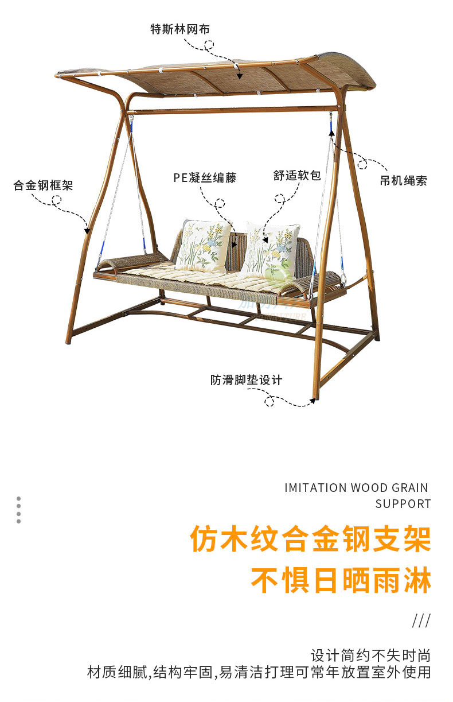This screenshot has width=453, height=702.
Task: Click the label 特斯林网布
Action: (x=176, y=29)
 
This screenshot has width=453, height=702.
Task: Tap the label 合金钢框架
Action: (x=44, y=185)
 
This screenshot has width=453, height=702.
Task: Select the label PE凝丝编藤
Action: (x=205, y=177)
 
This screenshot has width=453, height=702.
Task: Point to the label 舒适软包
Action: (x=297, y=176)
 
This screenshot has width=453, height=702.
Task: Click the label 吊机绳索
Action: (x=403, y=181)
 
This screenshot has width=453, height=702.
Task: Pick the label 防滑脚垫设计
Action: (x=246, y=380)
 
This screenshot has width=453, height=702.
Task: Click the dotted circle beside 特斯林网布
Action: (x=209, y=44)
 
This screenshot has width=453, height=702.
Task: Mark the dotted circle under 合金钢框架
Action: (x=56, y=200)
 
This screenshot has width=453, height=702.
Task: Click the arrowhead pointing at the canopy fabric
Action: (x=240, y=75)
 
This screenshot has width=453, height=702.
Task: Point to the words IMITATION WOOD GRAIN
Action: (x=356, y=488)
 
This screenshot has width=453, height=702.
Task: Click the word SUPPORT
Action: (x=403, y=504)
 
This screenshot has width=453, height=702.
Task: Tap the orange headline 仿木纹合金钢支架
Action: (x=311, y=540)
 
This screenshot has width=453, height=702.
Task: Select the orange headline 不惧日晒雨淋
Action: (x=341, y=581)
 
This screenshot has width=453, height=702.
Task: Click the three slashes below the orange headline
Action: (x=421, y=620)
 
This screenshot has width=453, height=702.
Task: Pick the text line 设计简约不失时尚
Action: (x=370, y=656)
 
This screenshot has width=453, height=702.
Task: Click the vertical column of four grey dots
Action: (x=19, y=510)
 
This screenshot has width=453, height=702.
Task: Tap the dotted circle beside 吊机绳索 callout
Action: (x=362, y=165)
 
